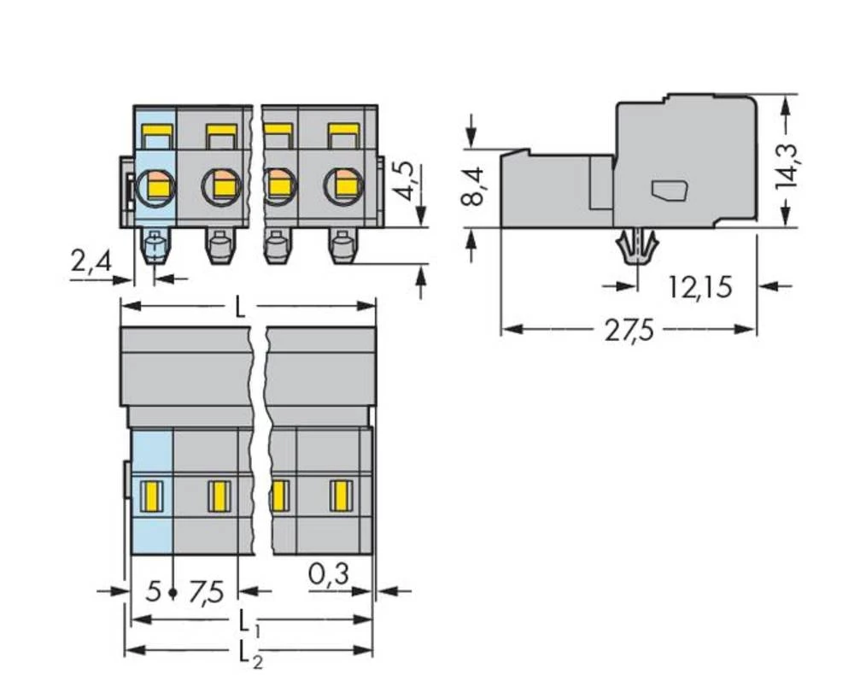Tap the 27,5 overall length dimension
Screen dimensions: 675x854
click(629, 330)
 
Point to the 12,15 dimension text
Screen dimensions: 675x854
click(699, 286)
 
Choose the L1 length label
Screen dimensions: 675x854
click(248, 621)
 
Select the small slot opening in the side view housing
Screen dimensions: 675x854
click(670, 191)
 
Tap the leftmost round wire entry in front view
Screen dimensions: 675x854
click(155, 185)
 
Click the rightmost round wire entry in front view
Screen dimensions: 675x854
click(344, 185)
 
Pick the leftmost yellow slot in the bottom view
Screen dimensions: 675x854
click(151, 494)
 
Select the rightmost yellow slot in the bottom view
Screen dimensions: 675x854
click(342, 494)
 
